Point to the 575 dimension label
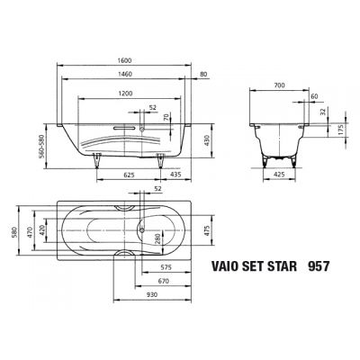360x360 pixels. point(166,267)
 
